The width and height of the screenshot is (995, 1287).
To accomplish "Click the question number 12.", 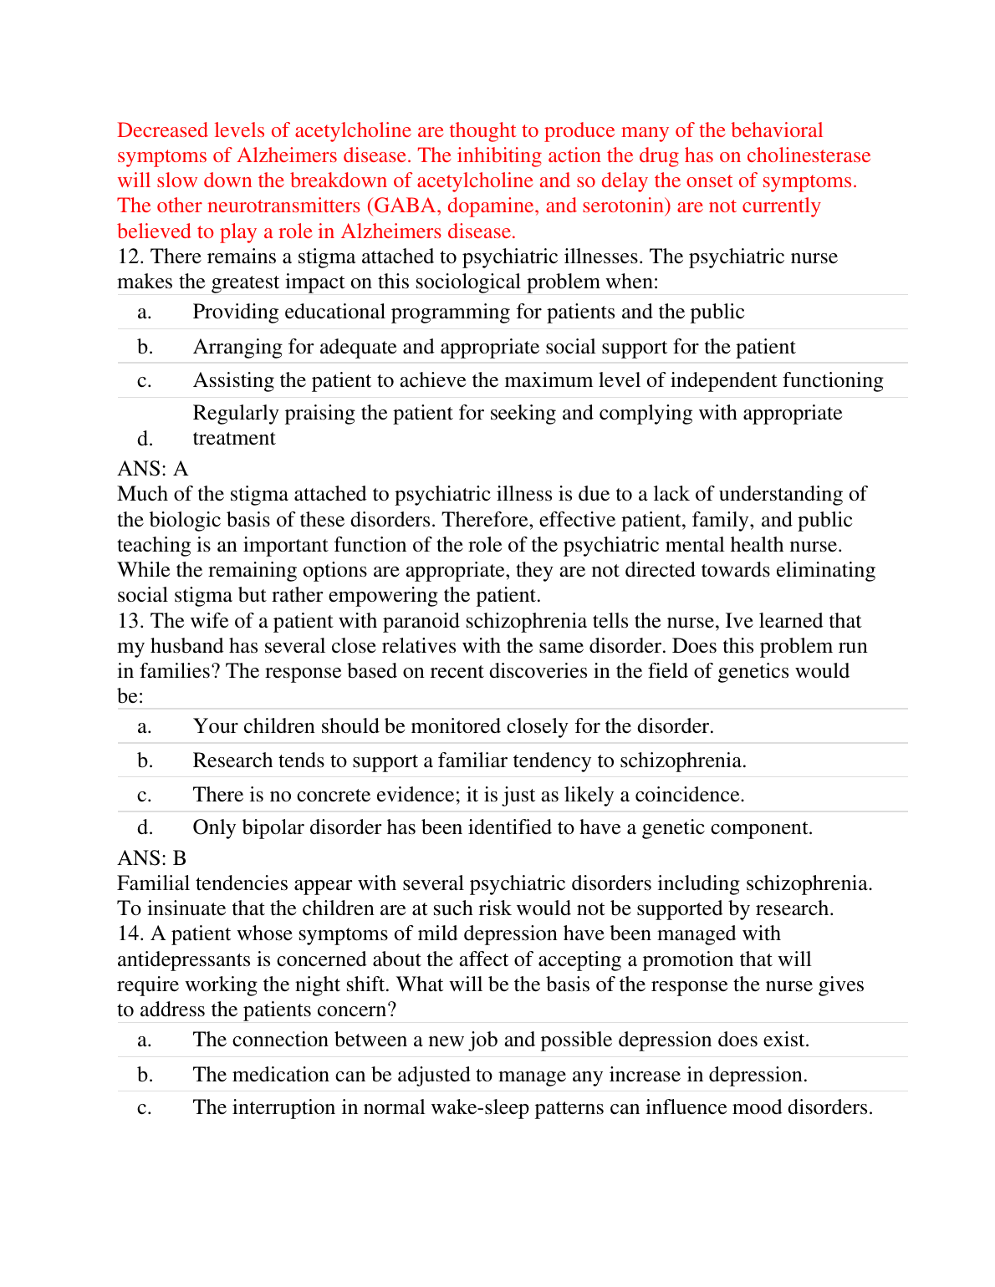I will click(x=130, y=257).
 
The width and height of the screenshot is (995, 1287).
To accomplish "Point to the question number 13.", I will click(x=130, y=621).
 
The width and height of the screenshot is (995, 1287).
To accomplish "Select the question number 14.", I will click(x=130, y=933).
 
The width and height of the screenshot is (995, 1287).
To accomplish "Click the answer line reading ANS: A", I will click(x=153, y=469).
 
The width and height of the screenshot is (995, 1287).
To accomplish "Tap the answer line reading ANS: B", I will click(x=152, y=858).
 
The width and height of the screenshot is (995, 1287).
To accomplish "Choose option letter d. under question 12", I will click(x=145, y=439).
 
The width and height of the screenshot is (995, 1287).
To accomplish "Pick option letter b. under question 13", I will click(x=145, y=760).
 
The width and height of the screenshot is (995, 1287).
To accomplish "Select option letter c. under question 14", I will click(x=145, y=1107).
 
